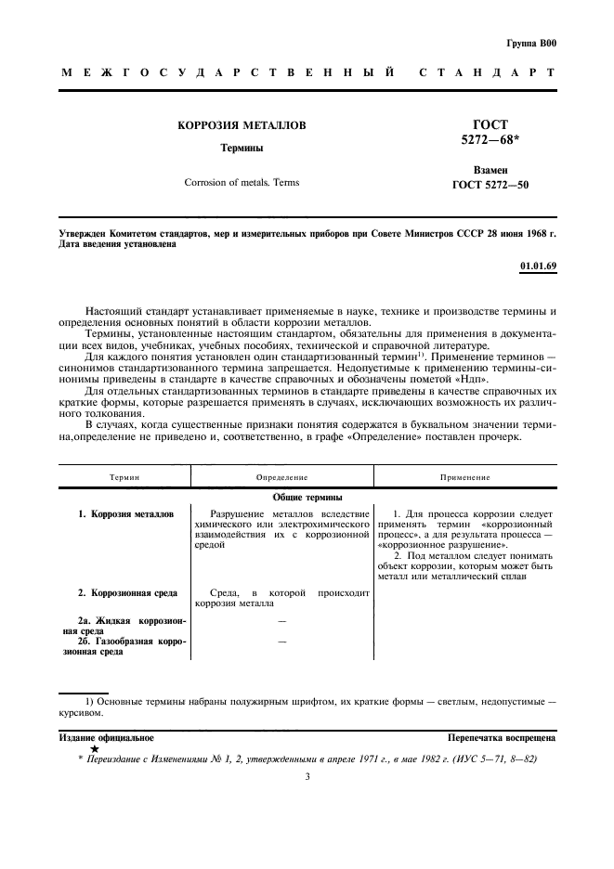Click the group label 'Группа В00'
pyautogui.click(x=531, y=43)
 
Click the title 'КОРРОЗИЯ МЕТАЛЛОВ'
pyautogui.click(x=242, y=125)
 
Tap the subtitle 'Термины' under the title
pyautogui.click(x=241, y=148)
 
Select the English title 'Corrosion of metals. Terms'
pyautogui.click(x=242, y=183)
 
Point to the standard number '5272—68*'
pyautogui.click(x=490, y=141)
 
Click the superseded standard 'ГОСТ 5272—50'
pyautogui.click(x=490, y=186)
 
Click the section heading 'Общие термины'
pyautogui.click(x=307, y=498)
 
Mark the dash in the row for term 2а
pyautogui.click(x=281, y=619)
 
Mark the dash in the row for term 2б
pyautogui.click(x=281, y=642)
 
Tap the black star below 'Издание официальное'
pyautogui.click(x=94, y=748)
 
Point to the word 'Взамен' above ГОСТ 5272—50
pyautogui.click(x=490, y=171)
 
